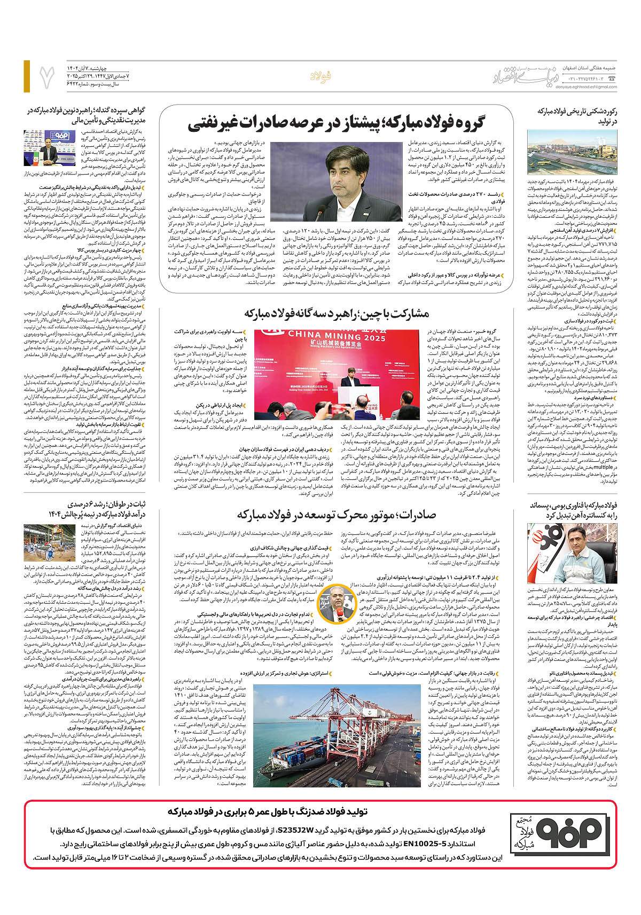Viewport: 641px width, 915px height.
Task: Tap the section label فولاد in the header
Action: [x=320, y=77]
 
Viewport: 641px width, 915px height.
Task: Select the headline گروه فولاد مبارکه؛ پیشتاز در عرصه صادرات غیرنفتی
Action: [x=336, y=124]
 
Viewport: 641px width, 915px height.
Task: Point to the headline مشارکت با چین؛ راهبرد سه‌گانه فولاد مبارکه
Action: [x=337, y=313]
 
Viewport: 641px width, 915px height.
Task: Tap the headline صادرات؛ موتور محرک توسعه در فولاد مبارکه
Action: [x=337, y=515]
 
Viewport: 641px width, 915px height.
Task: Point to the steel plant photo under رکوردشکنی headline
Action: [x=572, y=152]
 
